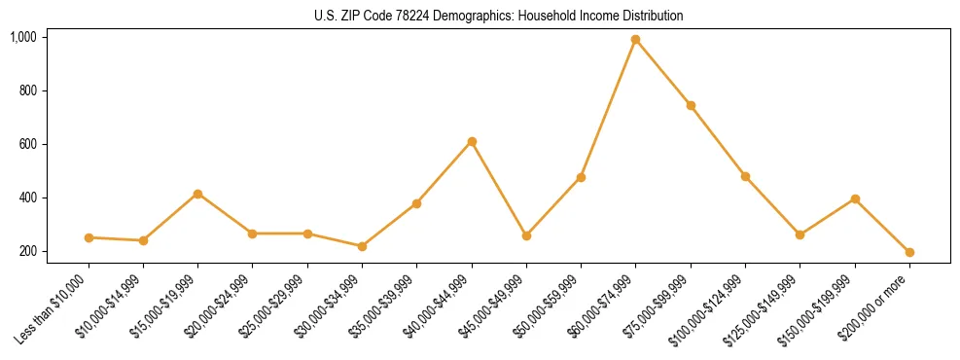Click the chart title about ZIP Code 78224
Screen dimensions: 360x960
(x=499, y=16)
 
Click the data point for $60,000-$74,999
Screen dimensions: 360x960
(x=636, y=40)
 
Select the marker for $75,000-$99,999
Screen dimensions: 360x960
(x=691, y=105)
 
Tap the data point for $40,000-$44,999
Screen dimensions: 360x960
(x=472, y=142)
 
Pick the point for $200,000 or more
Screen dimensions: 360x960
(x=909, y=252)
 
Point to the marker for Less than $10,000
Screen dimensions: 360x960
(x=89, y=237)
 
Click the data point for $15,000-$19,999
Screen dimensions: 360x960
(x=197, y=194)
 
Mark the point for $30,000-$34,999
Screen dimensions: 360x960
(x=362, y=246)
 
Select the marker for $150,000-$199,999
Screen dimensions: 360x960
(x=855, y=198)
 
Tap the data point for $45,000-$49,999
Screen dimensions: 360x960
(x=526, y=235)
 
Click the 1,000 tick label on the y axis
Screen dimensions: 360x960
(x=22, y=37)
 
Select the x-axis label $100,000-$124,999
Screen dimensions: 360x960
(x=709, y=307)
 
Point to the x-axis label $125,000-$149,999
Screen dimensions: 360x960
(x=764, y=307)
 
